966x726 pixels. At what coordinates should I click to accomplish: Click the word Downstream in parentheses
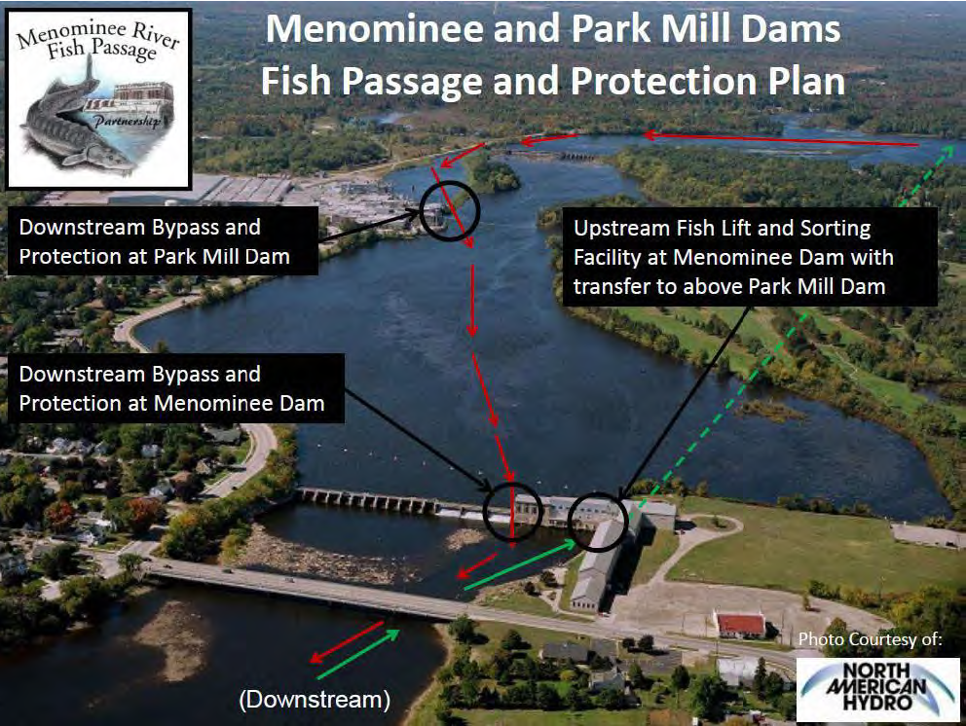(x=316, y=699)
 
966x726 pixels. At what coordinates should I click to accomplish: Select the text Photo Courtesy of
(x=870, y=639)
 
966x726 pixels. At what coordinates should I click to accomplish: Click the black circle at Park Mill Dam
(x=450, y=208)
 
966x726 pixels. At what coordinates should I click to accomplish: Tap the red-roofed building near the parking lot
(x=739, y=624)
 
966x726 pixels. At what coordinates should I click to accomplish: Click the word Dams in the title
(x=785, y=28)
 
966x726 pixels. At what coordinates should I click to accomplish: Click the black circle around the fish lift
(x=596, y=522)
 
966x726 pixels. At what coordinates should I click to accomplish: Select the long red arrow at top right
(x=779, y=139)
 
